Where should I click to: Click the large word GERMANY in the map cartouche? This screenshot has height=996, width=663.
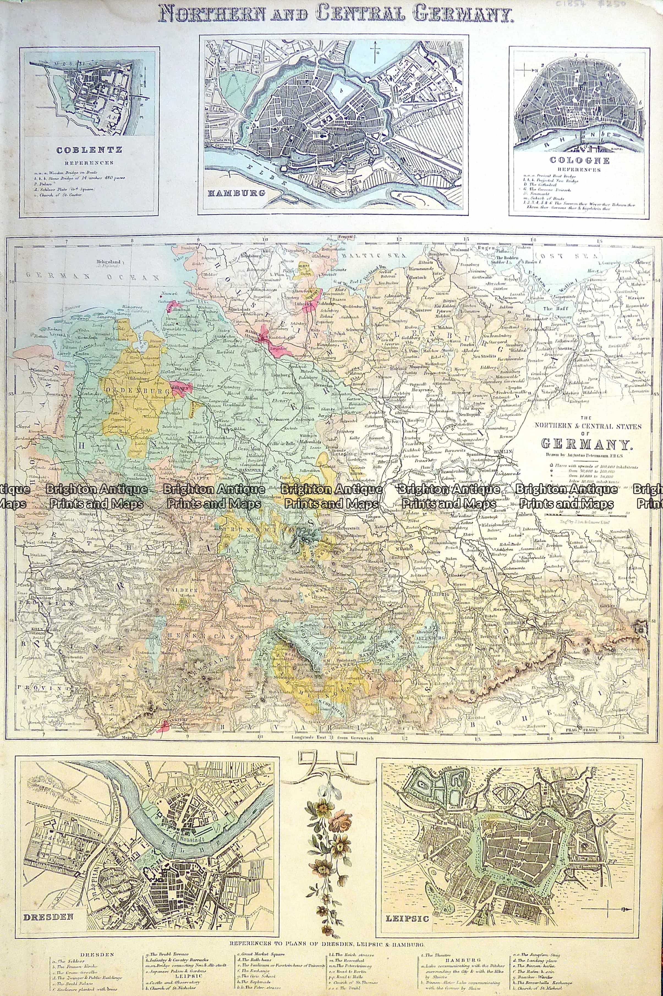coord(587,444)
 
